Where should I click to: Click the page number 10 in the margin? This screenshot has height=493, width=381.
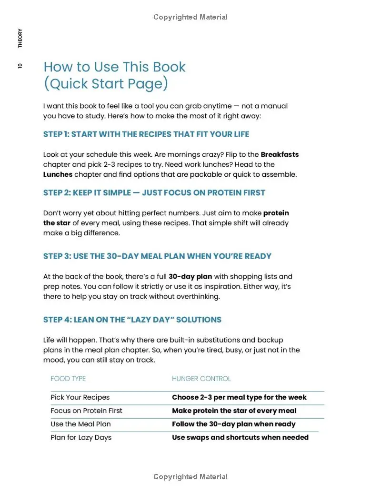coord(20,66)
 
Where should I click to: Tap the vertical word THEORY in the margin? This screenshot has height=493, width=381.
coord(20,38)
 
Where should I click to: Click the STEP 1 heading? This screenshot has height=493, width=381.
coord(146,134)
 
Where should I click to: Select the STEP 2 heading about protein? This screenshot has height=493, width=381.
coord(154,193)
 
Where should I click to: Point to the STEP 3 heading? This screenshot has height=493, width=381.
coord(157,256)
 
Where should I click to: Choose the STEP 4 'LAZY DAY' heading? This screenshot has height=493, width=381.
coord(132,320)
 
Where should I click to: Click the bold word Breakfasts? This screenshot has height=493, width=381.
coord(280,154)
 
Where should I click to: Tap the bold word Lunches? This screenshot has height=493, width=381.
coord(58,174)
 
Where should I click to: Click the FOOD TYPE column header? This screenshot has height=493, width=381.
coord(68,379)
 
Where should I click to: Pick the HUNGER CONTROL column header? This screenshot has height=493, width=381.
coord(201,379)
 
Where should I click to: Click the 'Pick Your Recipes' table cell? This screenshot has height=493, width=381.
coord(80,397)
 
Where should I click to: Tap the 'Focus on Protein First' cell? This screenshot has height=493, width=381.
coord(86,411)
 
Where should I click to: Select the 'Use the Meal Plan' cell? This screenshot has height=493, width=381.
coord(80,424)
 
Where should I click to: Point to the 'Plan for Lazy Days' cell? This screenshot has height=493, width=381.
coord(81,437)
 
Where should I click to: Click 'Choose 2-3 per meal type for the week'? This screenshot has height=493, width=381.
coord(239,397)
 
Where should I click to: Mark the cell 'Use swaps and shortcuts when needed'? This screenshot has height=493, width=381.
coord(240,437)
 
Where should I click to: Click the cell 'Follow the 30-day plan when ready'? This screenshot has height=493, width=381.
coord(233,424)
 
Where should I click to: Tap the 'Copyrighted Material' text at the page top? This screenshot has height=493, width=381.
coord(190,17)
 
